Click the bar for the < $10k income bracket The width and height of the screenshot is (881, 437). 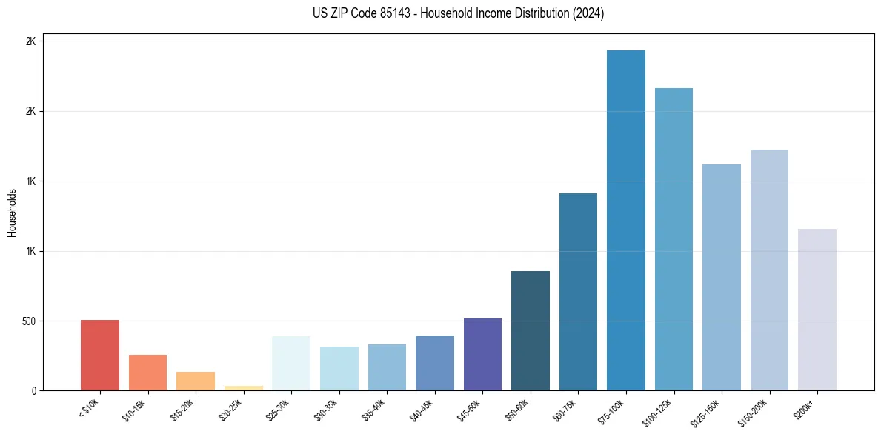(100, 356)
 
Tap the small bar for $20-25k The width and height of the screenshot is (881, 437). (243, 387)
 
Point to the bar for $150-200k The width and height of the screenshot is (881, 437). (769, 270)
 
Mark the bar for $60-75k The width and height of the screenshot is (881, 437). (578, 292)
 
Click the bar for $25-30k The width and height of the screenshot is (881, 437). (291, 364)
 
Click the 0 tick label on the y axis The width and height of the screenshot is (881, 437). (33, 391)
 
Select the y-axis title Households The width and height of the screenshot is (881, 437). (13, 213)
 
